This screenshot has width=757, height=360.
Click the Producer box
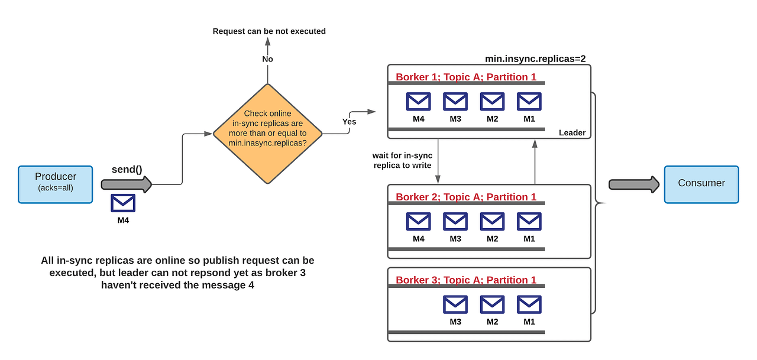55,184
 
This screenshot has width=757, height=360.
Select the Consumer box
701,184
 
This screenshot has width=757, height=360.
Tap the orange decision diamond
267,133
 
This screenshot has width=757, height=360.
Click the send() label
127,169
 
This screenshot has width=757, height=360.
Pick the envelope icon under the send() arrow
123,203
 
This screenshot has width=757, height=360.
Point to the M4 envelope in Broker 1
418,102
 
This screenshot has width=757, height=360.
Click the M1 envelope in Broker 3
529,304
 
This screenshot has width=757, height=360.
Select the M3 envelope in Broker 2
455,222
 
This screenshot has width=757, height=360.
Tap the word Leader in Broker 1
572,133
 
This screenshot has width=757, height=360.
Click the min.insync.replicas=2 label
535,59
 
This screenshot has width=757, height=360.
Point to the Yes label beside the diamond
349,122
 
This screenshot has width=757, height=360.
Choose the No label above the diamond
267,59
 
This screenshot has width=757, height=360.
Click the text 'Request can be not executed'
269,31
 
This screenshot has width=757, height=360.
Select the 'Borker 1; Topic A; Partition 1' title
466,77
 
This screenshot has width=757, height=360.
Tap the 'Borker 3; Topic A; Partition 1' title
466,280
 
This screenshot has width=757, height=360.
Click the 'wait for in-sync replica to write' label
402,160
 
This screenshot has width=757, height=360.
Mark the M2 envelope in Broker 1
492,102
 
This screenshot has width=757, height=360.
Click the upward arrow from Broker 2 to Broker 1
535,162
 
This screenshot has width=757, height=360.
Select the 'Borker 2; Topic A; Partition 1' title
466,197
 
